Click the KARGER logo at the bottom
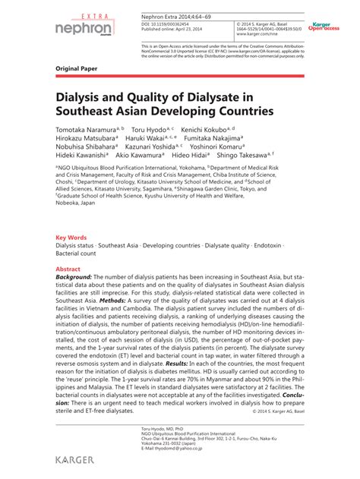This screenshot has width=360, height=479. pos(79,460)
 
